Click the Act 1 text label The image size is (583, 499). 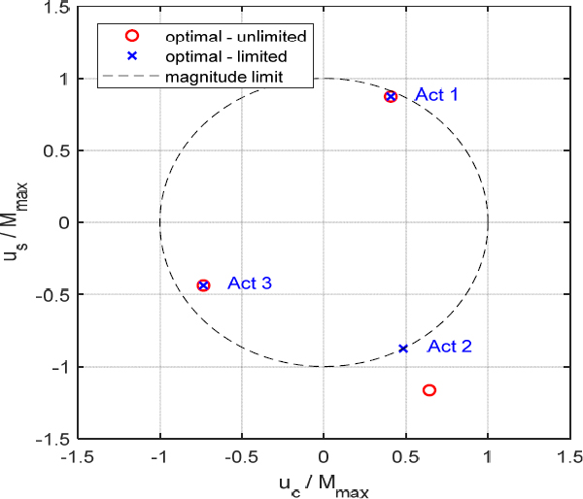pos(436,95)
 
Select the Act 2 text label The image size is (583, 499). pos(450,347)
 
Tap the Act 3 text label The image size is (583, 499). pos(250,283)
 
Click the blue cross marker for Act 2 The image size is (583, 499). pos(403,349)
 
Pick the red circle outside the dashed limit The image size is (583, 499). pos(429,390)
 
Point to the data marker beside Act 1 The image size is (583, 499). pos(391,96)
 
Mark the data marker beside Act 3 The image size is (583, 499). pos(203,285)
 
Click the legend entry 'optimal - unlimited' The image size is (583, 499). pos(236,36)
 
